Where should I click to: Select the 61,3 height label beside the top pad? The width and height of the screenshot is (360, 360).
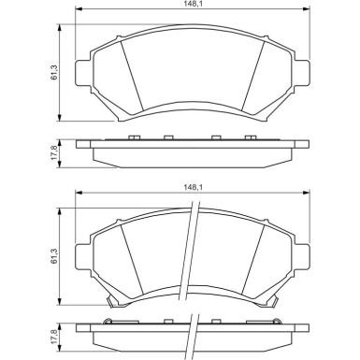[x=53, y=73]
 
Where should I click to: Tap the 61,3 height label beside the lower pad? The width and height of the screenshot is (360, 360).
[x=53, y=256]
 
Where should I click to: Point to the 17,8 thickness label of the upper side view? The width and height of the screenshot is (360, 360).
[x=53, y=153]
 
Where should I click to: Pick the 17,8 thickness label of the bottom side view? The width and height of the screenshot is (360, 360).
[x=53, y=337]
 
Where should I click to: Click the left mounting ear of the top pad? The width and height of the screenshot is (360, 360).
[x=82, y=73]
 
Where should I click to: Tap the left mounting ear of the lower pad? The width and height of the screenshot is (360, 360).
[x=82, y=256]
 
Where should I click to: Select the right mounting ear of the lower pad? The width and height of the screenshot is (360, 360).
[x=302, y=256]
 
